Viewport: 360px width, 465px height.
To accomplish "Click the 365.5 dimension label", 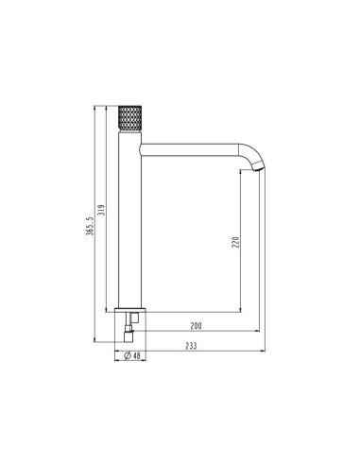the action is click(90, 226).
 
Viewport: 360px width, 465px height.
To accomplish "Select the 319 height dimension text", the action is click(102, 210).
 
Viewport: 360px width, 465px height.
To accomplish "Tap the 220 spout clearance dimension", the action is click(235, 242).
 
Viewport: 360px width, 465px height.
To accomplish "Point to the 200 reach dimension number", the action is click(196, 326).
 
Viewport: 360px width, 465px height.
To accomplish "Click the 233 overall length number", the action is click(191, 346).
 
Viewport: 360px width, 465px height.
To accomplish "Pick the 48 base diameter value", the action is click(136, 355).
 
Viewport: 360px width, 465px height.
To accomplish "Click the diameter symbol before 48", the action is click(128, 355).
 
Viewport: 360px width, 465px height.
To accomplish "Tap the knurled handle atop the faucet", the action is click(129, 117).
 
